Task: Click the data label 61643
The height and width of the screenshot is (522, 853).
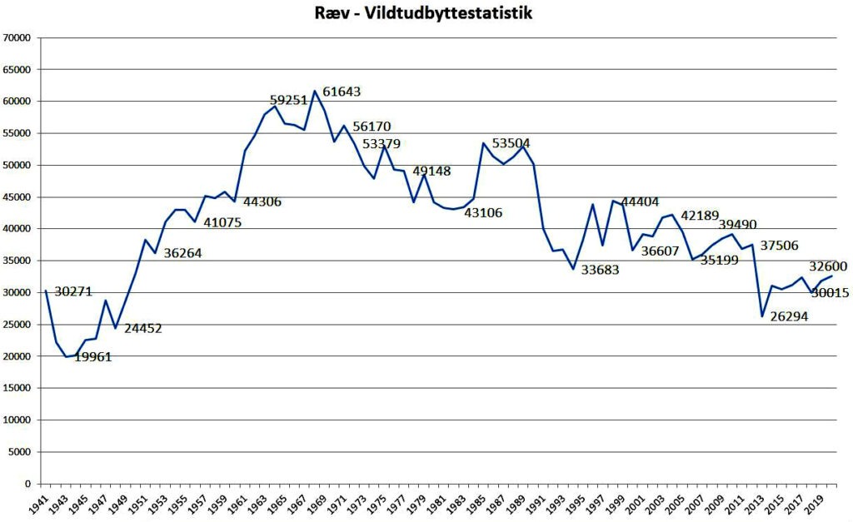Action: pos(342,92)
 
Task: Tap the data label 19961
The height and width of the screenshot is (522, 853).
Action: pos(92,357)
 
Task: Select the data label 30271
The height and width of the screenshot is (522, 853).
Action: pos(73,291)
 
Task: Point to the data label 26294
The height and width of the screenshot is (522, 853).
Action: pos(788,316)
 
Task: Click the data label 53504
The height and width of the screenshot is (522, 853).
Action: pos(511,143)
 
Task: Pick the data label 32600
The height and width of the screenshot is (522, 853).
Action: pos(828,266)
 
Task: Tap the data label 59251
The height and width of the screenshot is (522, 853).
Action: pos(289,99)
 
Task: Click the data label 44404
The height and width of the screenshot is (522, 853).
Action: pos(641,201)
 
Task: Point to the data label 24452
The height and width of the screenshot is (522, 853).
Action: pos(142,328)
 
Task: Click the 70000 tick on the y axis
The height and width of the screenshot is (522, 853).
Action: pos(17,37)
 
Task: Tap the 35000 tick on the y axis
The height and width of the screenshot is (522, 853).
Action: pos(17,261)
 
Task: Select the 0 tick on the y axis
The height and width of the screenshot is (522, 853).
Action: pos(27,484)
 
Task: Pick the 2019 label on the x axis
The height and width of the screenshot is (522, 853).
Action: pos(819,502)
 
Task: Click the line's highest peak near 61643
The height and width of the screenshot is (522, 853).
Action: pos(315,91)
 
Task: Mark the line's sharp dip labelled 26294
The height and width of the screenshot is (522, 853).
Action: pos(762,316)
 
